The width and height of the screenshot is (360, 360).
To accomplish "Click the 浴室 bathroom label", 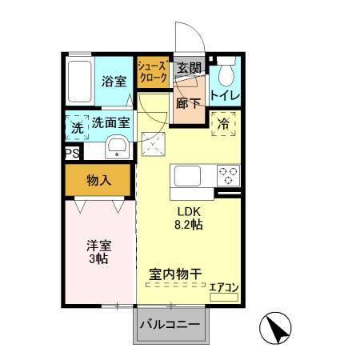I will (114, 81).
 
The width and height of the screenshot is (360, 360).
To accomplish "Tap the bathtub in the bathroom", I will (80, 79).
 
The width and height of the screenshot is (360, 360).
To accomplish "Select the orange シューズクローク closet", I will (152, 72).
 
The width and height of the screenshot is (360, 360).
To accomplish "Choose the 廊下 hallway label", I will (189, 103).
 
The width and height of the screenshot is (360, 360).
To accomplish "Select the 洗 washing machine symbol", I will (77, 126).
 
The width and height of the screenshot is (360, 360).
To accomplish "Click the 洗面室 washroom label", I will (110, 123).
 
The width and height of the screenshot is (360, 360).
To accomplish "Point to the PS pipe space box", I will (71, 152).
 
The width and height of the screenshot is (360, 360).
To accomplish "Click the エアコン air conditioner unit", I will (223, 294).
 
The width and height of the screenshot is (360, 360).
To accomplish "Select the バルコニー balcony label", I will (170, 325).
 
